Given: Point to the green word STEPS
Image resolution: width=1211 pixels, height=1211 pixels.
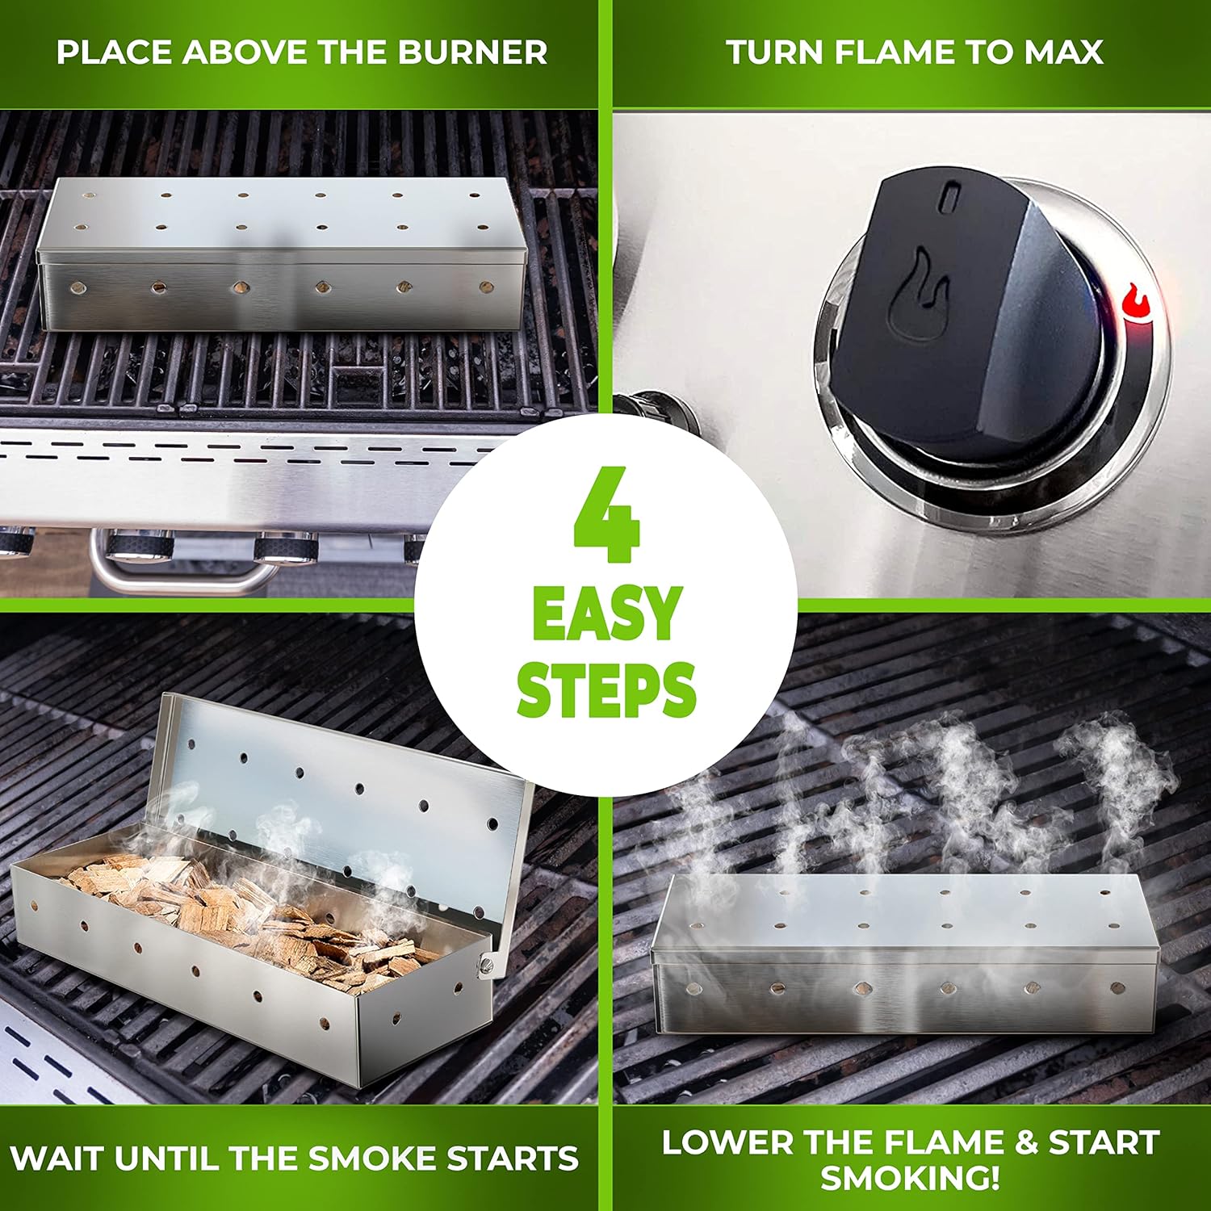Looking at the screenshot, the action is click(606, 689).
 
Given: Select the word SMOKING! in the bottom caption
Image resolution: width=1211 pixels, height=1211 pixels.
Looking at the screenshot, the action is click(910, 1178).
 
